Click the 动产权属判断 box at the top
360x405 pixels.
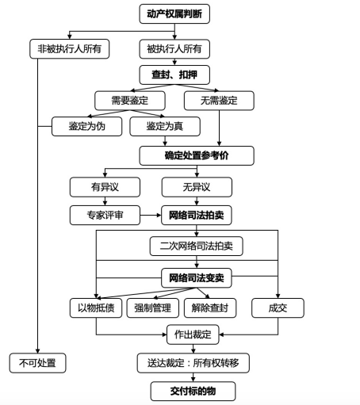[x=174, y=13]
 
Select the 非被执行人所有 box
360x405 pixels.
[x=69, y=49]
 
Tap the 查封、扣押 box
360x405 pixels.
[x=174, y=75]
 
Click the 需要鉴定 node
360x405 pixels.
[x=130, y=101]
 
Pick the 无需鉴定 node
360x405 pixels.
[x=219, y=101]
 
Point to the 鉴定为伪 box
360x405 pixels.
[x=86, y=126]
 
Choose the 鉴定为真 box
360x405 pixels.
[x=165, y=126]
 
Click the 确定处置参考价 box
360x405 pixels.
[x=197, y=155]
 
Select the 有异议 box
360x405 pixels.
[x=105, y=187]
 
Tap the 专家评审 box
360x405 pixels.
[x=105, y=216]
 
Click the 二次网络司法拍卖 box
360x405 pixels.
[x=196, y=246]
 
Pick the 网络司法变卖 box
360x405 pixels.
[x=197, y=278]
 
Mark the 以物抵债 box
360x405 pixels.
[x=96, y=308]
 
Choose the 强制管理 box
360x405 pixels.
[x=153, y=308]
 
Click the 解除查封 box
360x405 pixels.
[x=210, y=308]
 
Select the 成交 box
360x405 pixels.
[x=278, y=308]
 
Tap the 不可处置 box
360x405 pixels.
[x=37, y=363]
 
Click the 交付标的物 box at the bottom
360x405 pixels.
[x=193, y=392]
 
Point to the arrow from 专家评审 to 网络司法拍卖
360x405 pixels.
[x=151, y=216]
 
